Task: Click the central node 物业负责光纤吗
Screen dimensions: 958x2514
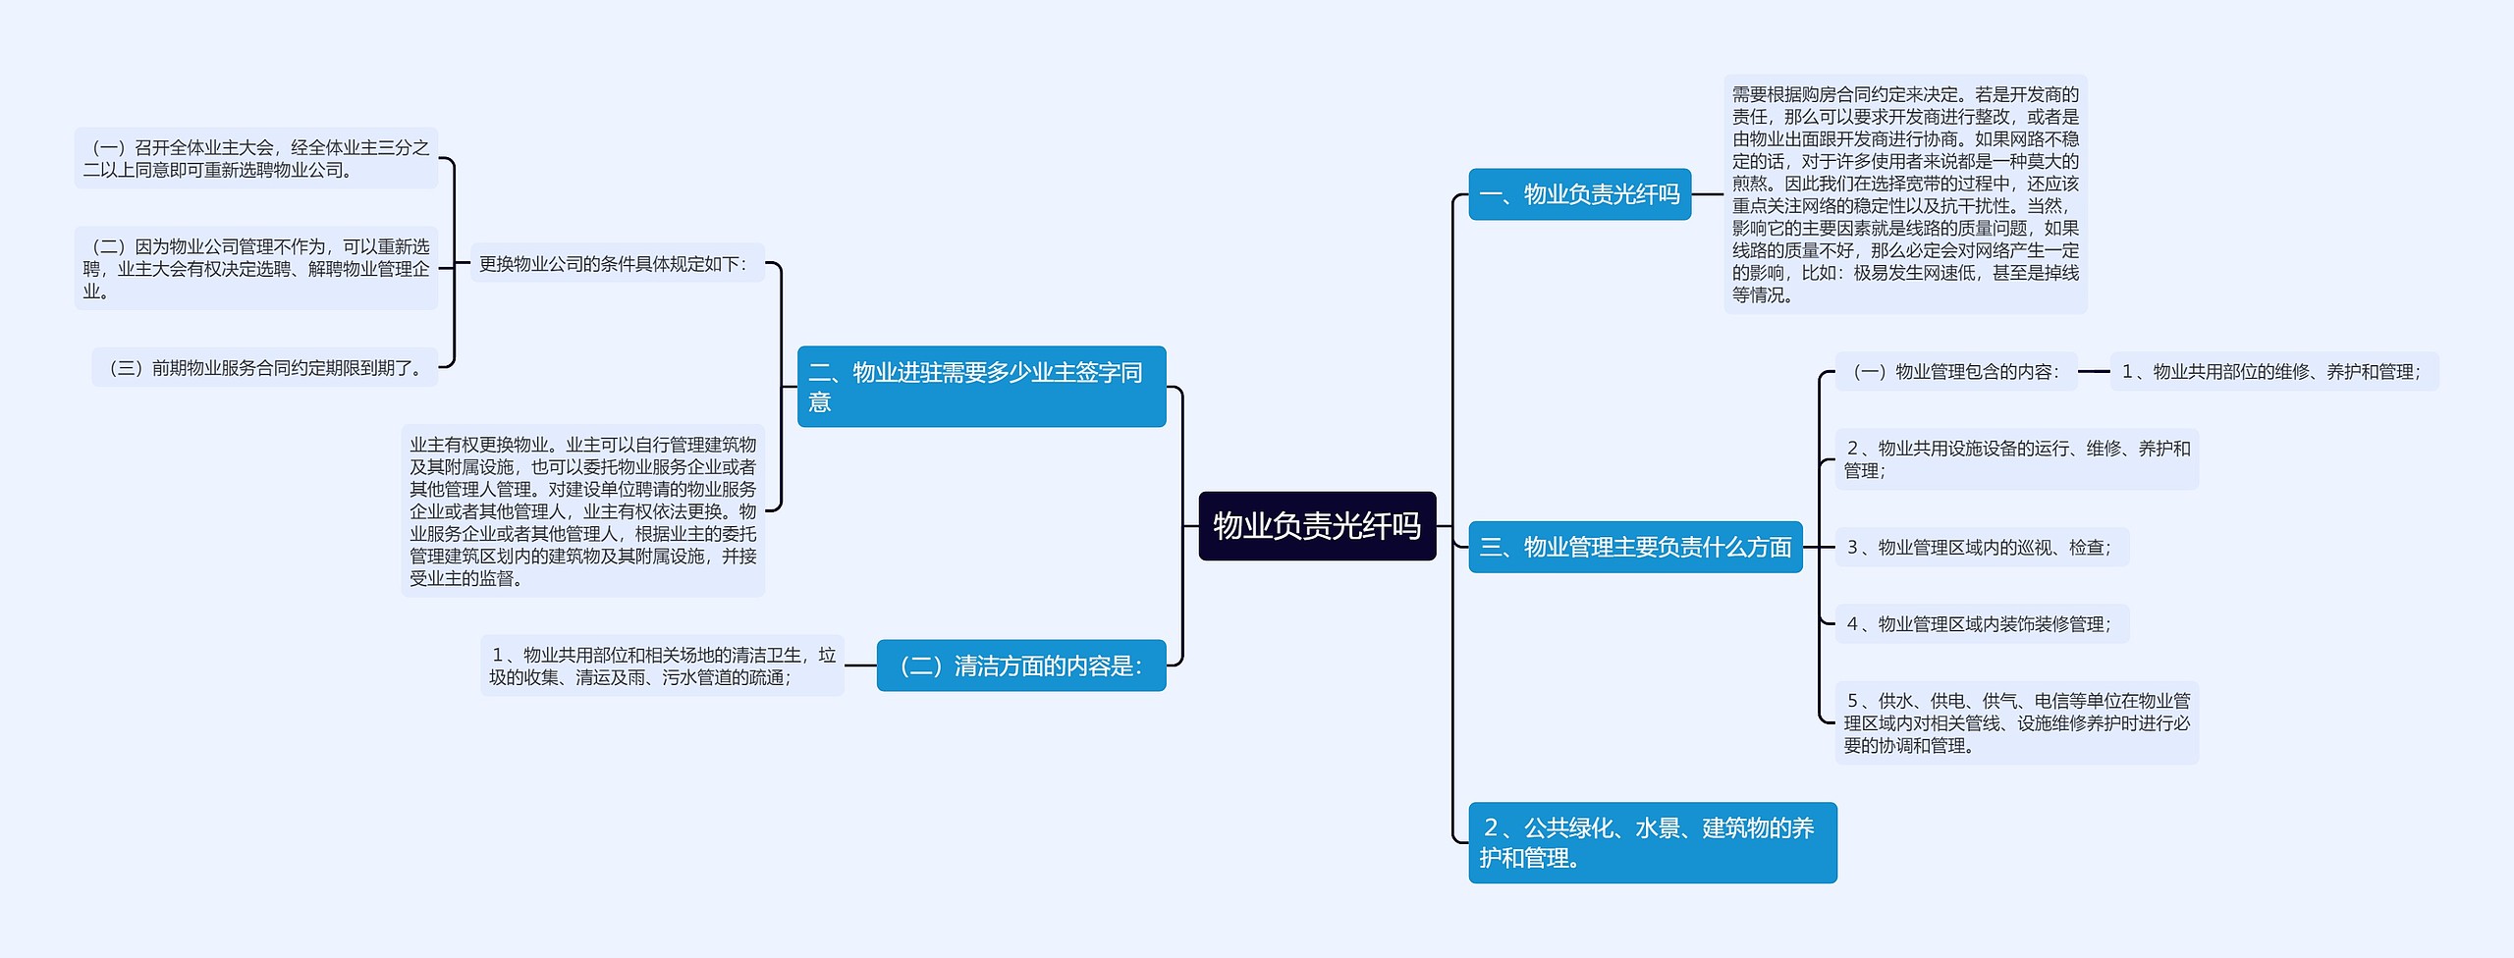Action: tap(1317, 526)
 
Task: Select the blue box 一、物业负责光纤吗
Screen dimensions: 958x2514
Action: tap(1579, 194)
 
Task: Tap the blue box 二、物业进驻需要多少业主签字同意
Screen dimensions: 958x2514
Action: tap(981, 387)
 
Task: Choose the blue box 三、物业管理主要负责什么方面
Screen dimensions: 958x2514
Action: tap(1635, 547)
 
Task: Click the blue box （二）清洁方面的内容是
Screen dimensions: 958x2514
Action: tap(1020, 665)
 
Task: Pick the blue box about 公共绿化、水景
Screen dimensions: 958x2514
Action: tap(1652, 842)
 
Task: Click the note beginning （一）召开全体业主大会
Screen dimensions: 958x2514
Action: tap(256, 158)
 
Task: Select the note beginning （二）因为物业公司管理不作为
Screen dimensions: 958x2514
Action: tap(256, 268)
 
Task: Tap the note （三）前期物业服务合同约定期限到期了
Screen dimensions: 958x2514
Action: tap(265, 368)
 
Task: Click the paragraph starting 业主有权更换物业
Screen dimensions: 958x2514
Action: tap(582, 510)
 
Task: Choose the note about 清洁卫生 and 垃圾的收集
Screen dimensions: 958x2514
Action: tap(662, 665)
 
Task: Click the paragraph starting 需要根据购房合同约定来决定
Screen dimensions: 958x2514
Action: tap(1905, 194)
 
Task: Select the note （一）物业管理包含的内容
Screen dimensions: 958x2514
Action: tap(1955, 371)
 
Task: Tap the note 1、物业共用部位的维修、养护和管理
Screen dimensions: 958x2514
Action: tap(2273, 371)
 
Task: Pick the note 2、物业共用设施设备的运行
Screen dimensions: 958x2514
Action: tap(2016, 459)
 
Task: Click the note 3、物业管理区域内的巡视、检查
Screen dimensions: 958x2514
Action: tap(1982, 547)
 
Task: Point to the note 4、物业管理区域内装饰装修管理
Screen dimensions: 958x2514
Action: tap(1982, 623)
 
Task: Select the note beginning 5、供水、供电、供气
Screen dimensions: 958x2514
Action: tap(2016, 722)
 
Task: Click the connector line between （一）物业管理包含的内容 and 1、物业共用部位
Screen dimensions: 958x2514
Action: tap(2094, 371)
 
